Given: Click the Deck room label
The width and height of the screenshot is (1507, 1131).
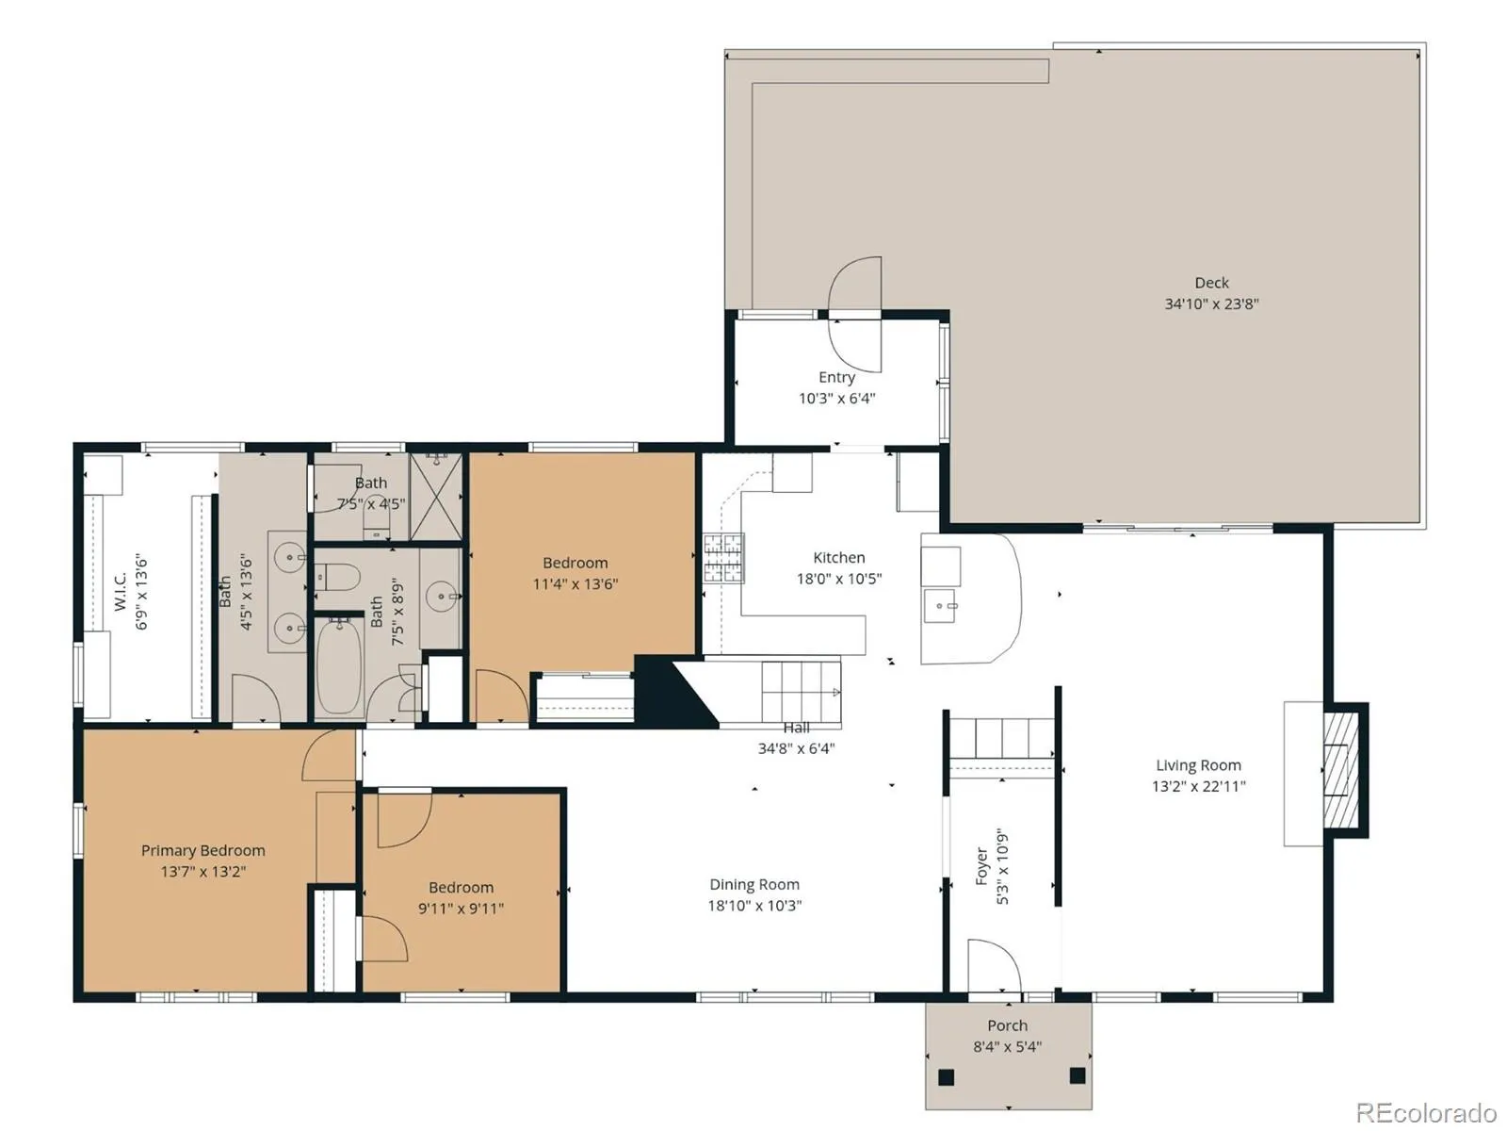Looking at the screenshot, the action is click(x=1211, y=282).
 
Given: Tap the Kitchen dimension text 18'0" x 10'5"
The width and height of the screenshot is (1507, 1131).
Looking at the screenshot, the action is click(x=838, y=579).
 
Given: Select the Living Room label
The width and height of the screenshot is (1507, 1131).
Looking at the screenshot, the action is click(x=1198, y=765).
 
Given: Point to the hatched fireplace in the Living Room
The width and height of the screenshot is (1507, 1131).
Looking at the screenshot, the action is click(x=1340, y=770).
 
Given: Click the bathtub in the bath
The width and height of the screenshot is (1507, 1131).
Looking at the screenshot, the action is click(x=339, y=666).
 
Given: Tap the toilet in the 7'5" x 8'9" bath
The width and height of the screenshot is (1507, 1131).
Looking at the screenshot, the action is click(x=337, y=578).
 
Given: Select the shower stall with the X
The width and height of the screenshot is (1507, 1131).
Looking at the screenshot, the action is click(x=436, y=496).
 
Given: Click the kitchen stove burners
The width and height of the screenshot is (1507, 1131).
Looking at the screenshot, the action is click(x=723, y=558).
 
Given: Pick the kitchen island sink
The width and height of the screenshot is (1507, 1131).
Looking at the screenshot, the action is click(x=940, y=606).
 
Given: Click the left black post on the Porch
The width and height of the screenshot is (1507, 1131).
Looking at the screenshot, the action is click(x=946, y=1076).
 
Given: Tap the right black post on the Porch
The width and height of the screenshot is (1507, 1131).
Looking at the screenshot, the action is click(x=1078, y=1075).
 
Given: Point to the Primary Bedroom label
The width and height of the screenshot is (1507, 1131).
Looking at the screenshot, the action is click(x=203, y=850).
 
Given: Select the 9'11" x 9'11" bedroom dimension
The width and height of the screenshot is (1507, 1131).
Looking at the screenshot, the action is click(x=461, y=909).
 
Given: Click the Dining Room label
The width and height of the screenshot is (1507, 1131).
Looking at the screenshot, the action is click(x=754, y=884).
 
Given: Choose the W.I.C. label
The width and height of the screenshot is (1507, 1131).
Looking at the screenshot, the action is click(x=121, y=591).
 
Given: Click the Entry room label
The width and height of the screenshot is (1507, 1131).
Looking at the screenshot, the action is click(x=837, y=377).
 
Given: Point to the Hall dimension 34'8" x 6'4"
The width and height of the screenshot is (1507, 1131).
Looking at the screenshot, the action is click(x=796, y=748).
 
